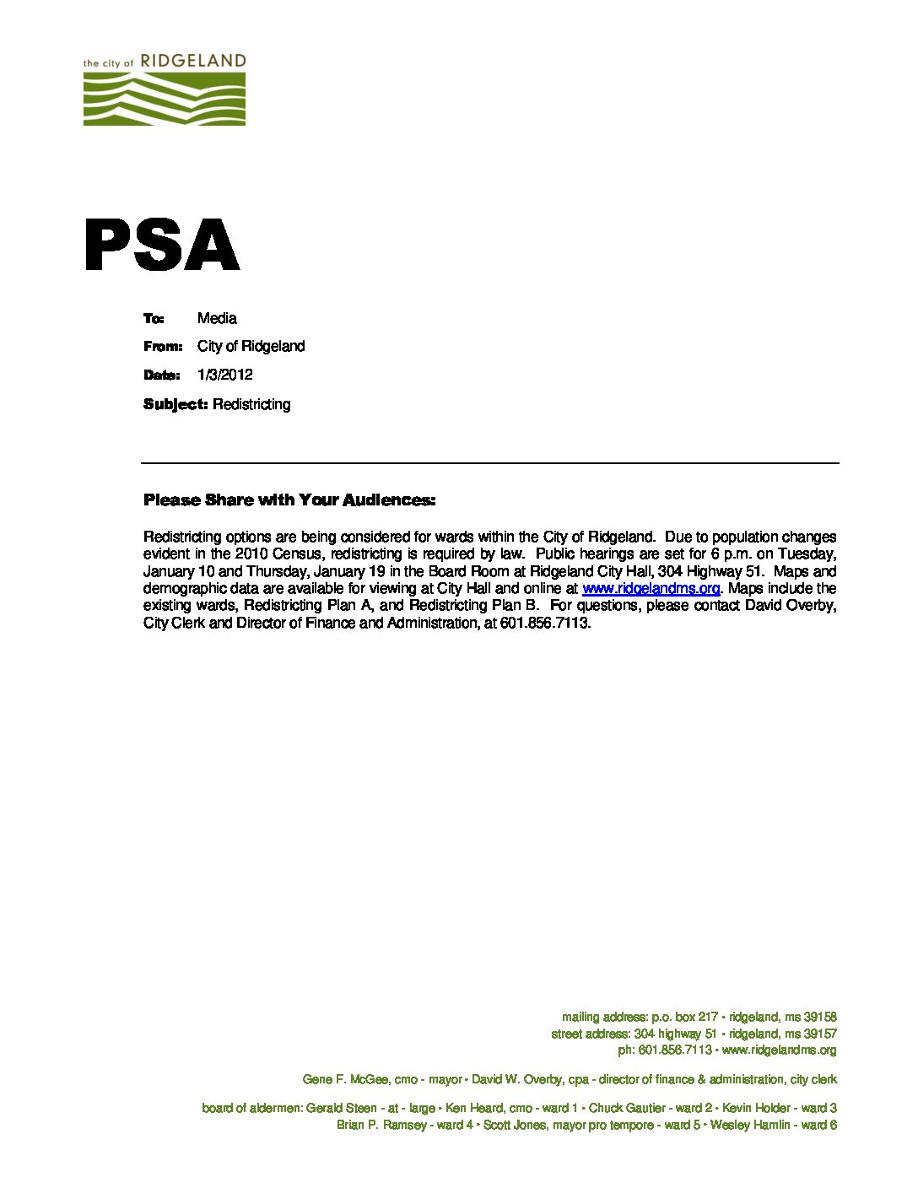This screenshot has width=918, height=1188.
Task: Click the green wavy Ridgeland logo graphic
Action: pyautogui.click(x=164, y=99)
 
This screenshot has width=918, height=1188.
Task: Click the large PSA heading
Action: pyautogui.click(x=162, y=246)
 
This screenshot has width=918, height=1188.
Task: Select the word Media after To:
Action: pyautogui.click(x=217, y=318)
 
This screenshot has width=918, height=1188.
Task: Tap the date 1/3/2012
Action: pyautogui.click(x=224, y=375)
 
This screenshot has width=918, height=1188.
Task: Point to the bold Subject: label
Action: pyautogui.click(x=175, y=404)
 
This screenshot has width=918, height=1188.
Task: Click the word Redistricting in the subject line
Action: pyautogui.click(x=251, y=404)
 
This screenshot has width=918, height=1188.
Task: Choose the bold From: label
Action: pyautogui.click(x=163, y=347)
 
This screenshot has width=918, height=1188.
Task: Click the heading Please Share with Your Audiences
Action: pyautogui.click(x=289, y=500)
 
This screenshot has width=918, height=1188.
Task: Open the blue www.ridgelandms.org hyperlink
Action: pyautogui.click(x=651, y=588)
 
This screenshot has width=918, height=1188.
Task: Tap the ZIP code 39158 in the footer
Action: pyautogui.click(x=820, y=1018)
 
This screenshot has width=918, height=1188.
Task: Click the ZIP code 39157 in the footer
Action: pyautogui.click(x=820, y=1034)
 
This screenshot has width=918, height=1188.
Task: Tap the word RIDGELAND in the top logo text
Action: pyautogui.click(x=192, y=61)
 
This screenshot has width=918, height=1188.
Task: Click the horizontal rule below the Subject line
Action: pyautogui.click(x=489, y=463)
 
